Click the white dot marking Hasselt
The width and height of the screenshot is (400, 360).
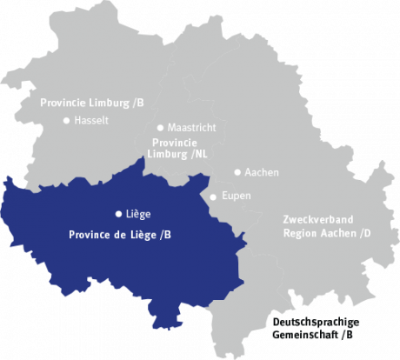[x=66, y=121]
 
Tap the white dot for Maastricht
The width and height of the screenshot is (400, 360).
[x=160, y=127]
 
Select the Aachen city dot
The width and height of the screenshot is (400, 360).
[x=237, y=172]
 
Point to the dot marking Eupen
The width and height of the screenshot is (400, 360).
[x=214, y=197]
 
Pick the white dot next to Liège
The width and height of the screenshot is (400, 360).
[x=118, y=213]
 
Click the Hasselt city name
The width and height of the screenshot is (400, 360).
[x=91, y=121]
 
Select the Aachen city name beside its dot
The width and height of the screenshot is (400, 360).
[x=262, y=172]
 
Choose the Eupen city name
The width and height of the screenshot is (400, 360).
[x=237, y=197]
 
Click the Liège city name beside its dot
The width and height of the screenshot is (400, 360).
[x=139, y=213]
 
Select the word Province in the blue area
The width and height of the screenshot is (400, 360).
[x=90, y=235]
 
